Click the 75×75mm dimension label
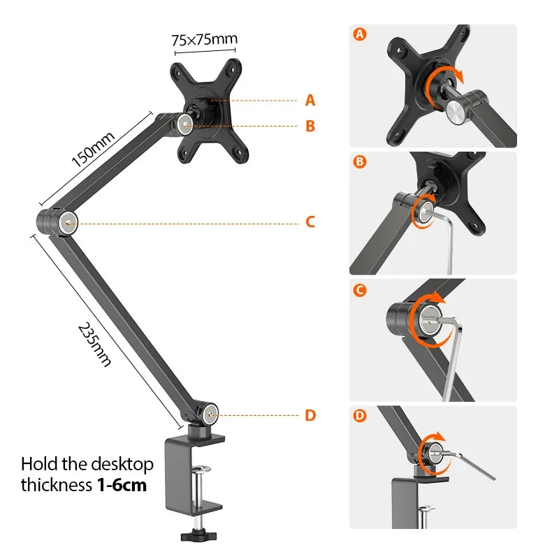(204, 39)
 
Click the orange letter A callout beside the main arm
(310, 101)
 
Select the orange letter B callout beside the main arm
(310, 126)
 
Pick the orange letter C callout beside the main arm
(310, 222)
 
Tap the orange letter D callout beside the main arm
(310, 415)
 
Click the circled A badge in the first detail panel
(361, 34)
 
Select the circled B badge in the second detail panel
(361, 162)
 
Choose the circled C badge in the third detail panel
(361, 290)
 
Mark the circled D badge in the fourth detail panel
(361, 417)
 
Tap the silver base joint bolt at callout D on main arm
(210, 415)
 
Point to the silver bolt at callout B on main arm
(184, 125)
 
